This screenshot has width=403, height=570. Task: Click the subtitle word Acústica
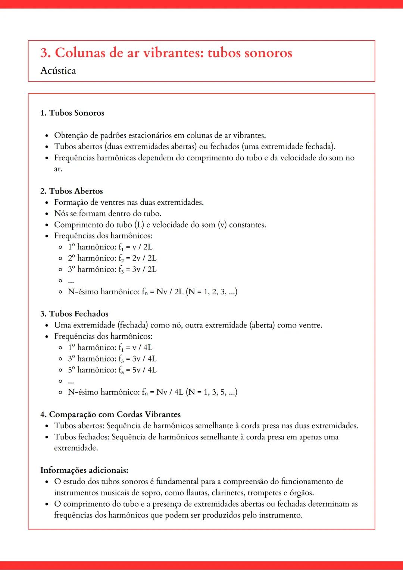[x=58, y=71]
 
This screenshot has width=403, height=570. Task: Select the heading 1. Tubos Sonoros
[x=72, y=113]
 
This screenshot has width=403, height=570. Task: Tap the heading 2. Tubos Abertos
[x=71, y=191]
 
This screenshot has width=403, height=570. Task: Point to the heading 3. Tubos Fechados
[x=74, y=314]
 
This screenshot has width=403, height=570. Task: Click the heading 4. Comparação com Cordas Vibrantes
[x=110, y=414]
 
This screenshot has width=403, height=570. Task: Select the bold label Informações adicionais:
[x=84, y=470]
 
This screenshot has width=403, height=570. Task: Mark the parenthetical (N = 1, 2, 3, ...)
[x=212, y=292]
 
